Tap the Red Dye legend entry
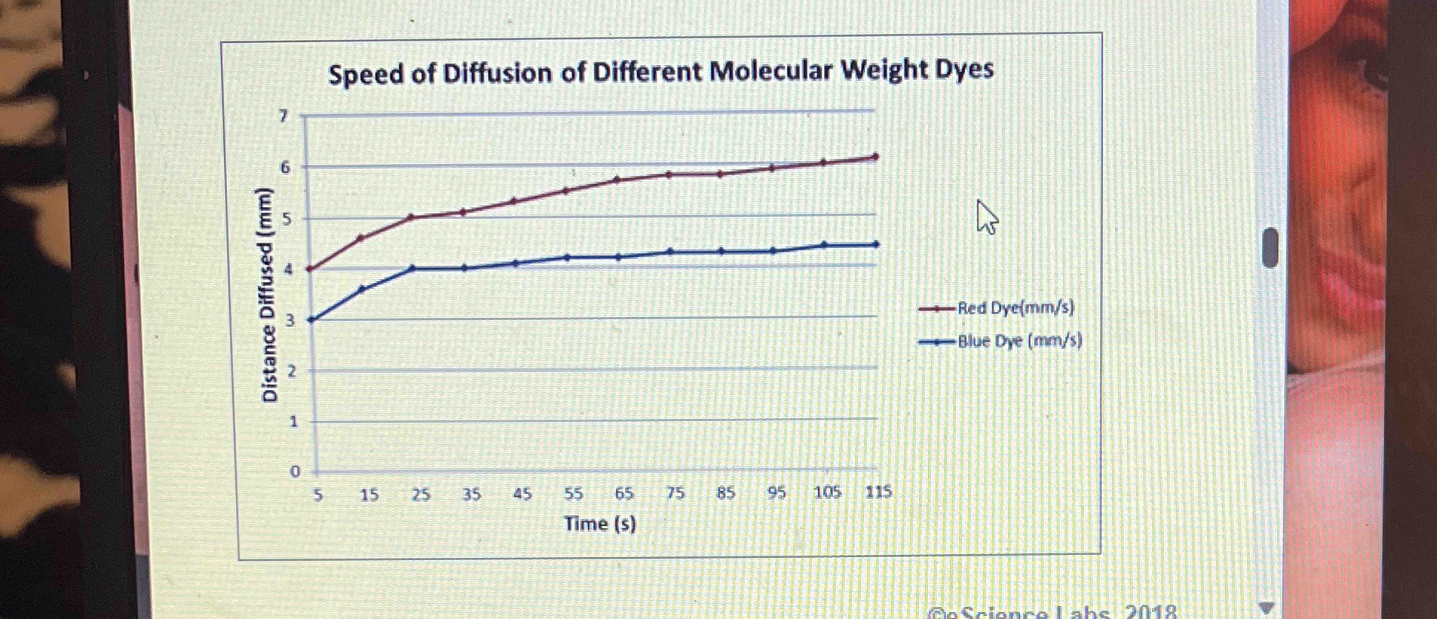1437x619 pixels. click(x=1015, y=308)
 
